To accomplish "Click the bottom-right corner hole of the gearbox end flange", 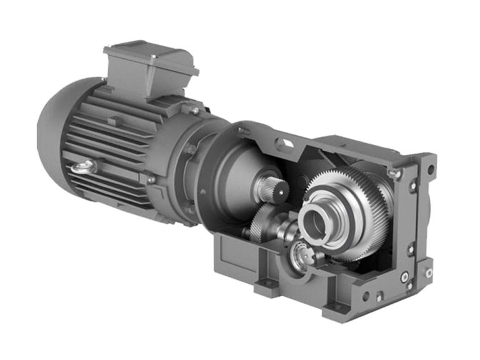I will [x=428, y=272].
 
